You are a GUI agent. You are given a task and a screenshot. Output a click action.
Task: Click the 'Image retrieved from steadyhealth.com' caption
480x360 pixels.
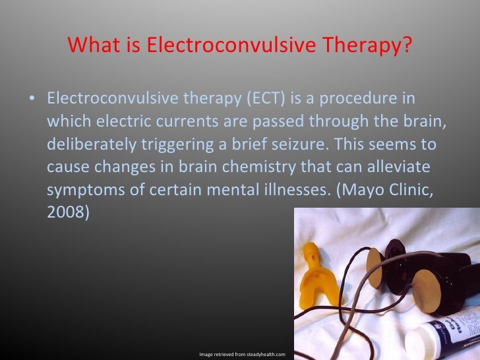(242, 354)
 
